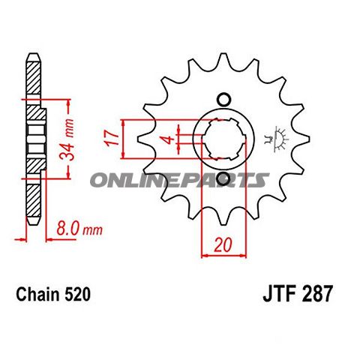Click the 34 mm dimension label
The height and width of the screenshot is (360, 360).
coord(67,139)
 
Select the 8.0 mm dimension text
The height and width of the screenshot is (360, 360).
coord(79,229)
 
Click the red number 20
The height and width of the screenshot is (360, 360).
coord(223,245)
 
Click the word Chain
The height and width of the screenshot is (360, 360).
coord(38,294)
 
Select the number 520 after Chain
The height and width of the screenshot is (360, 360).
coord(77,294)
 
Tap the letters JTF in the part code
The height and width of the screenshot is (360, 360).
coord(279,294)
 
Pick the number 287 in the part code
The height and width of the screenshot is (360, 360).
coord(317,294)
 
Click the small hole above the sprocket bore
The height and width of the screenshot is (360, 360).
coord(223,100)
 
